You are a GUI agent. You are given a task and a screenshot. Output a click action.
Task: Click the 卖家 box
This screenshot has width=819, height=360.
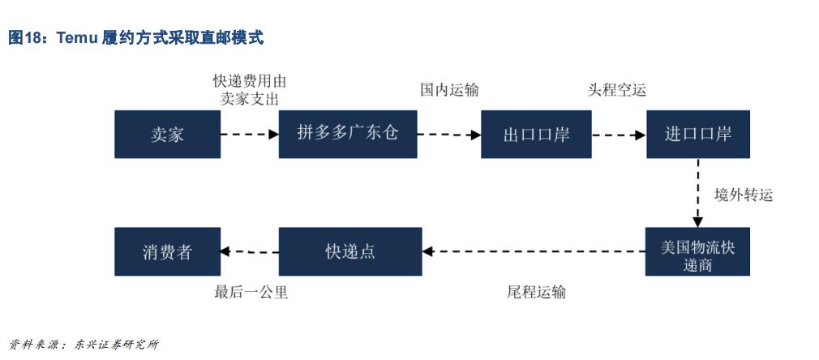(x=167, y=135)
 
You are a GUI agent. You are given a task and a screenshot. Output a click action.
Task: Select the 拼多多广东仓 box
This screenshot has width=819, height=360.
(x=348, y=135)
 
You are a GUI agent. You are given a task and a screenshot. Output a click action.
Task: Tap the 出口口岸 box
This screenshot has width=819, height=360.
(x=536, y=135)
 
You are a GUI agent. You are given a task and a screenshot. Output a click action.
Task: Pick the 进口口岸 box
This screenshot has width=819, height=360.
(x=697, y=135)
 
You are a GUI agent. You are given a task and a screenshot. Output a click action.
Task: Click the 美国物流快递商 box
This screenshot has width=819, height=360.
(x=697, y=251)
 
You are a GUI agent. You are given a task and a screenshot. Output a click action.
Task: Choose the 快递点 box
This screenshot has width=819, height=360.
(x=350, y=251)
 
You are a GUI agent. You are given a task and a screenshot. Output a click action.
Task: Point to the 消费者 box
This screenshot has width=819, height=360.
(x=167, y=251)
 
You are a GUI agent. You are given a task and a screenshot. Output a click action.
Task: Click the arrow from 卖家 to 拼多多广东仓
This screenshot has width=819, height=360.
(x=250, y=135)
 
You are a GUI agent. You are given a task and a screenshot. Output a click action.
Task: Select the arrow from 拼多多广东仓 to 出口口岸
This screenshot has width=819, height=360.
(x=449, y=135)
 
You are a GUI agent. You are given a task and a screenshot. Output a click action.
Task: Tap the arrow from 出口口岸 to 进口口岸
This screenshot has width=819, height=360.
(x=618, y=135)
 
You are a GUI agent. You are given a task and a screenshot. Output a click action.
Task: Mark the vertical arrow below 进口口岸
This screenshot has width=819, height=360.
(x=697, y=193)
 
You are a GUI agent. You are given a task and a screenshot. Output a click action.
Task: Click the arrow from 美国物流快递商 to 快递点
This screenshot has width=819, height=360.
(x=534, y=251)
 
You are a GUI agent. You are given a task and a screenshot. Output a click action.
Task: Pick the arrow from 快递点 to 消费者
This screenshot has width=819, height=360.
(x=250, y=251)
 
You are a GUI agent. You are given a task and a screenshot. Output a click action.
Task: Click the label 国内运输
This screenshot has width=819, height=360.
(x=449, y=90)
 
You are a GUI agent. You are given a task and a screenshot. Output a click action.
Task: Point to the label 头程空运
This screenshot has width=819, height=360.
(x=616, y=90)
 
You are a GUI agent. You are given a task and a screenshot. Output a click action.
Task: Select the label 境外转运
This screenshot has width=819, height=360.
(x=743, y=195)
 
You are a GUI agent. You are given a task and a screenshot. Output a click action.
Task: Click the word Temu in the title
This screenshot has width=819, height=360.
(x=79, y=37)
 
